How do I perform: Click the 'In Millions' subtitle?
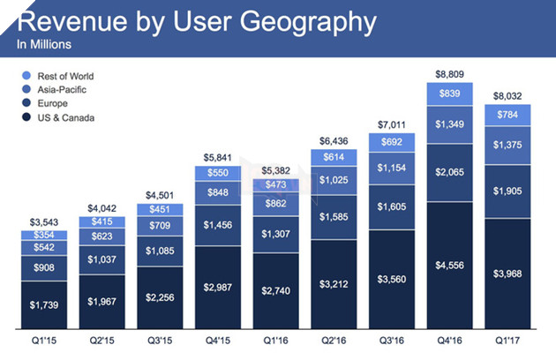pos(44,43)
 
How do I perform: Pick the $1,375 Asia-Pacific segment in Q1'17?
pos(506,145)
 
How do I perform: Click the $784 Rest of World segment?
pos(506,115)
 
